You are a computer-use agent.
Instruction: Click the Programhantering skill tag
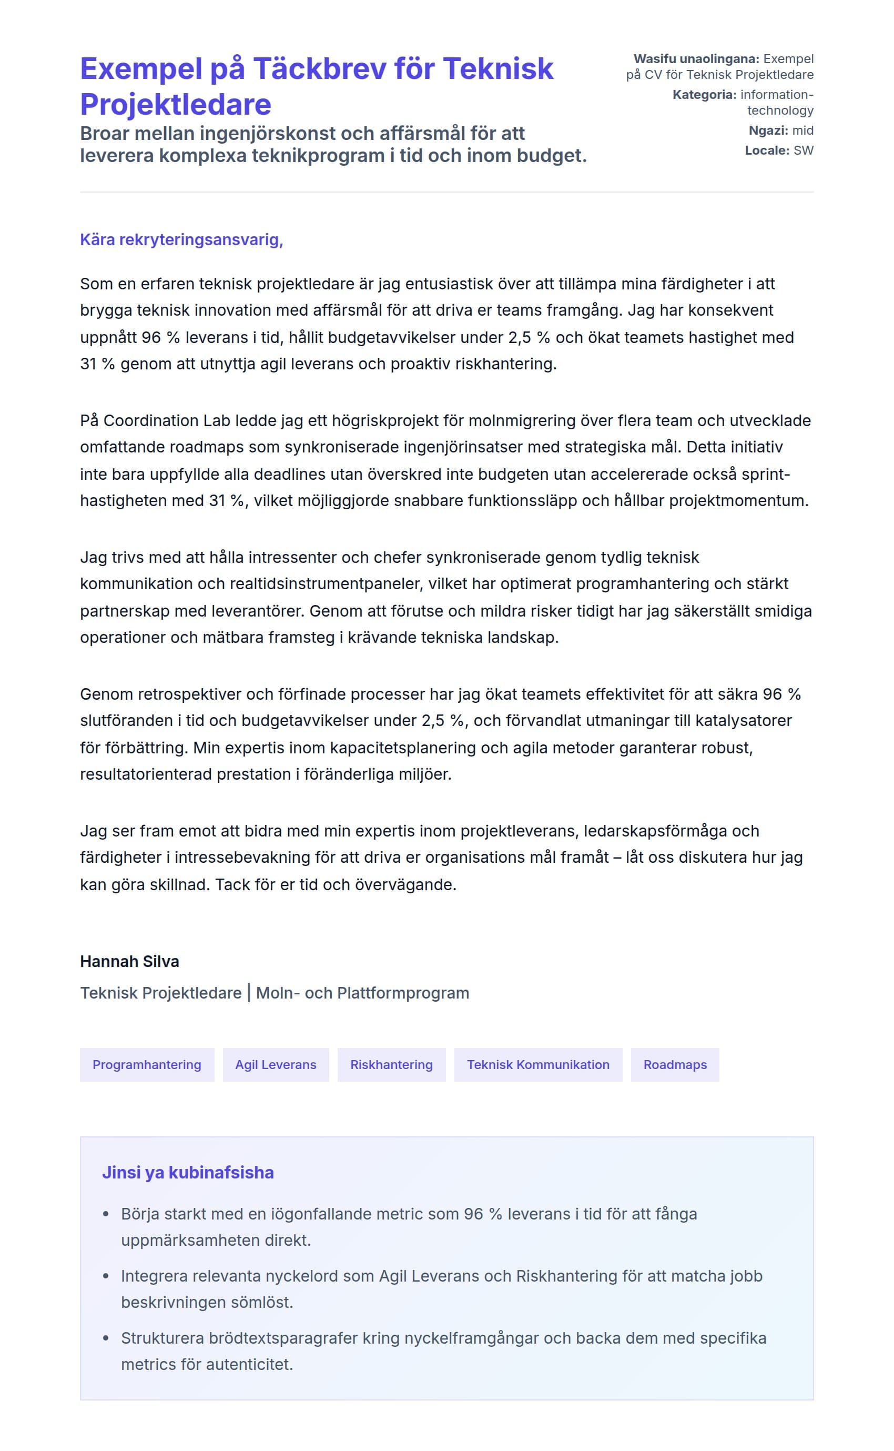point(147,1065)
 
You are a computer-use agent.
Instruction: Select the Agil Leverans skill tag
point(276,1065)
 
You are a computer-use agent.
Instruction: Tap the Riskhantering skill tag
point(391,1065)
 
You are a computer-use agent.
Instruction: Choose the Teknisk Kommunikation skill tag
point(538,1065)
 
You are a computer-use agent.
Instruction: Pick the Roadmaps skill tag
point(675,1065)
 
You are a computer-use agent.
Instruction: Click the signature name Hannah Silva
point(129,961)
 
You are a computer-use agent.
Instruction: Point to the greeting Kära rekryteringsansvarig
point(181,240)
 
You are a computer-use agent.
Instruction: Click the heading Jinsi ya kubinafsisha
point(188,1172)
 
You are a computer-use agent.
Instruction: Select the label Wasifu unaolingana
point(696,59)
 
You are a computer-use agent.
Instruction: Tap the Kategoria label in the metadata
point(704,95)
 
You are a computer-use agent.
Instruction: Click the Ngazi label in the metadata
point(767,130)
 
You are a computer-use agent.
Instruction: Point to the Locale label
point(767,150)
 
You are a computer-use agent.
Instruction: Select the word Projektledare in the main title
point(176,105)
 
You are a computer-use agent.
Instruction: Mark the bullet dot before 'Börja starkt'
point(106,1214)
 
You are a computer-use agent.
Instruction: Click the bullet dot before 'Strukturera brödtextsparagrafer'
point(106,1338)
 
